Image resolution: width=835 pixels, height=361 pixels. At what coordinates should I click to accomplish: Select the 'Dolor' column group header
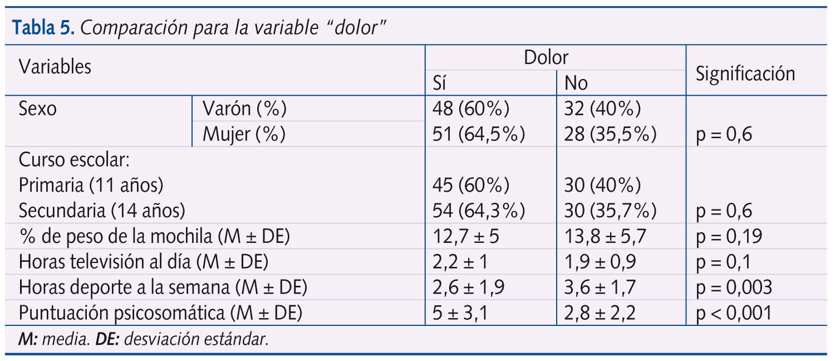pos(546,57)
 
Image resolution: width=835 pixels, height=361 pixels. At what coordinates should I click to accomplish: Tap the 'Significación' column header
pos(745,74)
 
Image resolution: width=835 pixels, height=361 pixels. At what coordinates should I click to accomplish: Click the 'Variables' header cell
pos(55,67)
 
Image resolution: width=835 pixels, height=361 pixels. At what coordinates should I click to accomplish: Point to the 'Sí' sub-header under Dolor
pos(441,84)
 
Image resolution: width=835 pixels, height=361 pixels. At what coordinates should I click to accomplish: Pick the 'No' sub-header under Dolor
pos(576,84)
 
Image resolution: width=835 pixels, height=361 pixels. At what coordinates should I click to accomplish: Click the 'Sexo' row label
pos(37,109)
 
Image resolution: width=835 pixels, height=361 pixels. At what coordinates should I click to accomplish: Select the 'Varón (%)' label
pos(244,109)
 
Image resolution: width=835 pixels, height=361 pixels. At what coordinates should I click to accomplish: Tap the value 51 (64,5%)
pos(479,134)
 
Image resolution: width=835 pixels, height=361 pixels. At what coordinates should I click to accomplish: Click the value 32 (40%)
pos(602,109)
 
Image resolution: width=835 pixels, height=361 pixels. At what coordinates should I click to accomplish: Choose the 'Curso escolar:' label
pos(74,160)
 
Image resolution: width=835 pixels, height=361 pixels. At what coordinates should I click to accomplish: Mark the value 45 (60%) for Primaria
pos(471,185)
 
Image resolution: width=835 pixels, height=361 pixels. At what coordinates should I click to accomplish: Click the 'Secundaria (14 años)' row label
pos(101,211)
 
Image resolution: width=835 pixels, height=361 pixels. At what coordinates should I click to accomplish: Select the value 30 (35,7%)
pos(610,211)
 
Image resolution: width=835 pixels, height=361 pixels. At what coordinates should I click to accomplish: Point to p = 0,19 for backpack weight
pos(729,236)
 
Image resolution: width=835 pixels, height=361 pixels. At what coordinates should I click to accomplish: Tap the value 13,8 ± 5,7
pos(605,236)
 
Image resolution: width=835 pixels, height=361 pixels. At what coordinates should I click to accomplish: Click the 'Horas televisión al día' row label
pos(144,262)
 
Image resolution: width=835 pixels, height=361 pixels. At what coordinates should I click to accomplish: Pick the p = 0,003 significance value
pos(734,287)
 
